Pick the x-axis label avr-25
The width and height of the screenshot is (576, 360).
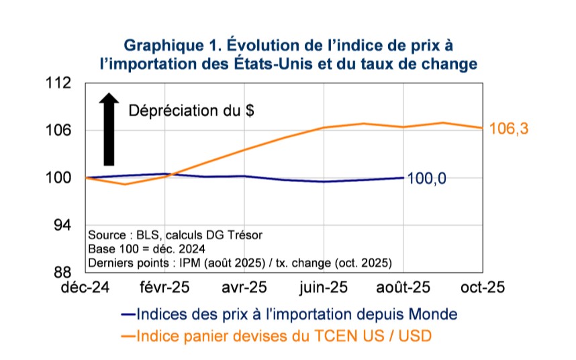[x=244, y=287]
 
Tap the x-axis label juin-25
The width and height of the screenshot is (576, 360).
[x=324, y=287]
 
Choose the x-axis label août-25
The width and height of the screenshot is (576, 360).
[x=403, y=287]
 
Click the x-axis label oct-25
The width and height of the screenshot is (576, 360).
[x=483, y=287]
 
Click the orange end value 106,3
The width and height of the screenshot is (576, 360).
[x=510, y=129]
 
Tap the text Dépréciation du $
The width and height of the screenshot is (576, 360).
[x=191, y=111]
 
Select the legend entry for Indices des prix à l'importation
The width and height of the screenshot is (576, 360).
[x=289, y=314]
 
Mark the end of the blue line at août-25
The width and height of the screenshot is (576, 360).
[x=403, y=177]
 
